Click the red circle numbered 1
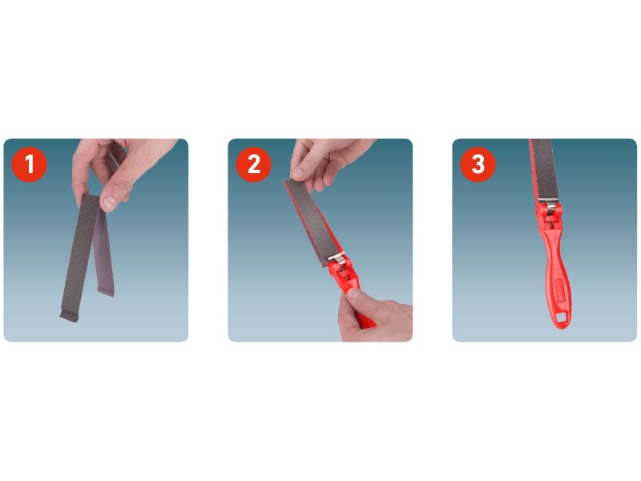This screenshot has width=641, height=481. (29, 164)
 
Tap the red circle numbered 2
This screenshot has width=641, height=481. (253, 164)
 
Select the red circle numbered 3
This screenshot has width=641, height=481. (478, 164)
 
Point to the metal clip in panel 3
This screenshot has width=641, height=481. (550, 204)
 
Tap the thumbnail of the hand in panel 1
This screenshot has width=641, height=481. (109, 202)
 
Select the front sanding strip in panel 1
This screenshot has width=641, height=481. (79, 257)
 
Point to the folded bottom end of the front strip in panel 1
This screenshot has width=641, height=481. (69, 316)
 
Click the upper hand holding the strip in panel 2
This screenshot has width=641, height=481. (327, 162)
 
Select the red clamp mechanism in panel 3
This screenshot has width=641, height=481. (550, 216)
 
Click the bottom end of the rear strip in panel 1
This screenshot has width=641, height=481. (106, 292)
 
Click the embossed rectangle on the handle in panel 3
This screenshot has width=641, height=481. (559, 289)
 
